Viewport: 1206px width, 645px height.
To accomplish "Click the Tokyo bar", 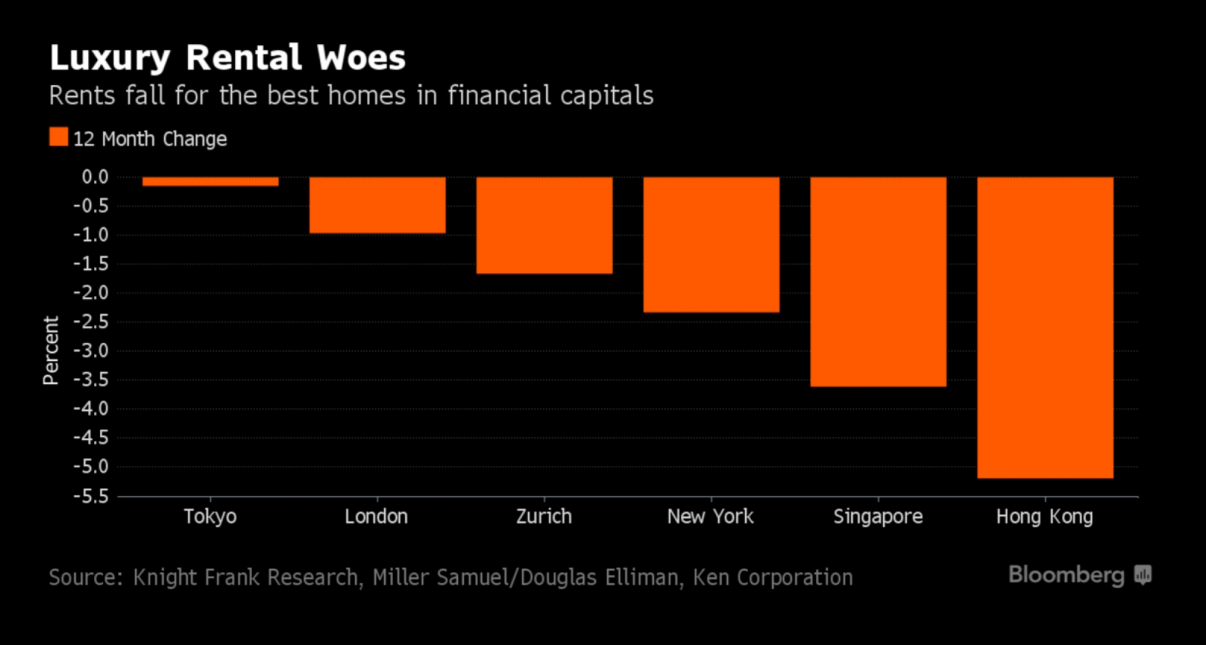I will click(210, 182).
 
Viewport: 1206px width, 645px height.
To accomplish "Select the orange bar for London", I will click(377, 205).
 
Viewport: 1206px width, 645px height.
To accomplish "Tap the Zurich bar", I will click(544, 225).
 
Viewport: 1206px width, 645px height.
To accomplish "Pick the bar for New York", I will click(711, 244).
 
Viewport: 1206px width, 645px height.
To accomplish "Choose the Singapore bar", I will click(879, 281).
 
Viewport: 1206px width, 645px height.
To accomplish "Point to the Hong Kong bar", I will click(1045, 327).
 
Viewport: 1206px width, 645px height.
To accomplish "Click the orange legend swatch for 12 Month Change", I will click(59, 137).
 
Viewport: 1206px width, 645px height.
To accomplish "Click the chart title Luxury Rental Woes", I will click(227, 58).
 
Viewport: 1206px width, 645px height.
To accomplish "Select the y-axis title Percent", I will click(51, 351).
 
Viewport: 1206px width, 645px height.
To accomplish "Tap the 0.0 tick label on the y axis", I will click(95, 177).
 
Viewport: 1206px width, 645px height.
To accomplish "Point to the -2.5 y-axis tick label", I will click(91, 322).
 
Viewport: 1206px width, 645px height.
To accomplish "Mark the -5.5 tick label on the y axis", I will click(91, 496).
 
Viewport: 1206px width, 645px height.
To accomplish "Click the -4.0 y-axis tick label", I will click(91, 408).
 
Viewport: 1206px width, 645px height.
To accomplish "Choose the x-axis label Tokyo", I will click(210, 517).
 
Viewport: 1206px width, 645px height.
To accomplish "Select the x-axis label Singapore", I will click(878, 517).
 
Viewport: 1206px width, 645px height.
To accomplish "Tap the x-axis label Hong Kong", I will click(1044, 517).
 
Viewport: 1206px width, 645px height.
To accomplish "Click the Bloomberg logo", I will click(1079, 575).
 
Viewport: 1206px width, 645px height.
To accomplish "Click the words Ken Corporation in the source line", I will click(773, 578).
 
